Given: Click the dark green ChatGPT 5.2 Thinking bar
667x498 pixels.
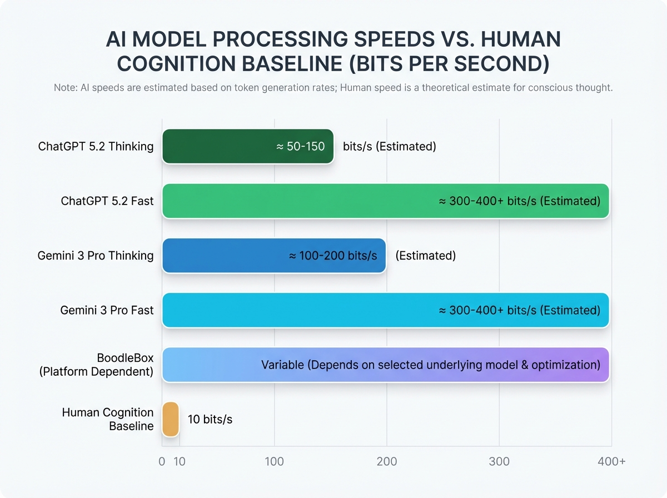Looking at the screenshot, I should (x=222, y=146).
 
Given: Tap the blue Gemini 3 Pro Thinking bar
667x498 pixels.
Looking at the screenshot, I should (x=222, y=255).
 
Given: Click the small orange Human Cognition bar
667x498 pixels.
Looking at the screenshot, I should (x=171, y=419).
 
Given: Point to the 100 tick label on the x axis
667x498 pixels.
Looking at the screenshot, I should (x=275, y=461).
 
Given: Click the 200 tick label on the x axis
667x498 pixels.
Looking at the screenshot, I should (x=387, y=461).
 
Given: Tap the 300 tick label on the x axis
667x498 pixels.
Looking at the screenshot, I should (x=499, y=461).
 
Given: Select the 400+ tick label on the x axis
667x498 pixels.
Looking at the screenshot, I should (x=611, y=461).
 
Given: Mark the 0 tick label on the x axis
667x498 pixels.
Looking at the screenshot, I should (x=162, y=461).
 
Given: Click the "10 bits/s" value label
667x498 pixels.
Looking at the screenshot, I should (x=210, y=419).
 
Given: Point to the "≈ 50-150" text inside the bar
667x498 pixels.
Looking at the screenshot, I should (x=300, y=147).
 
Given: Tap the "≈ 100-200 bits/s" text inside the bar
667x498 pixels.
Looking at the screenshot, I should (x=333, y=256).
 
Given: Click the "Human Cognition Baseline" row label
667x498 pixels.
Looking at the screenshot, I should (x=108, y=419).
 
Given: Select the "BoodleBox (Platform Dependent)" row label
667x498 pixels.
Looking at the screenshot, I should (x=96, y=364).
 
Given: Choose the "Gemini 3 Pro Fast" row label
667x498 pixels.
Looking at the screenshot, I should (x=107, y=310).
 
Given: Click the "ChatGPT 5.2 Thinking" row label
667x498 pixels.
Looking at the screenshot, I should (x=96, y=147).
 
